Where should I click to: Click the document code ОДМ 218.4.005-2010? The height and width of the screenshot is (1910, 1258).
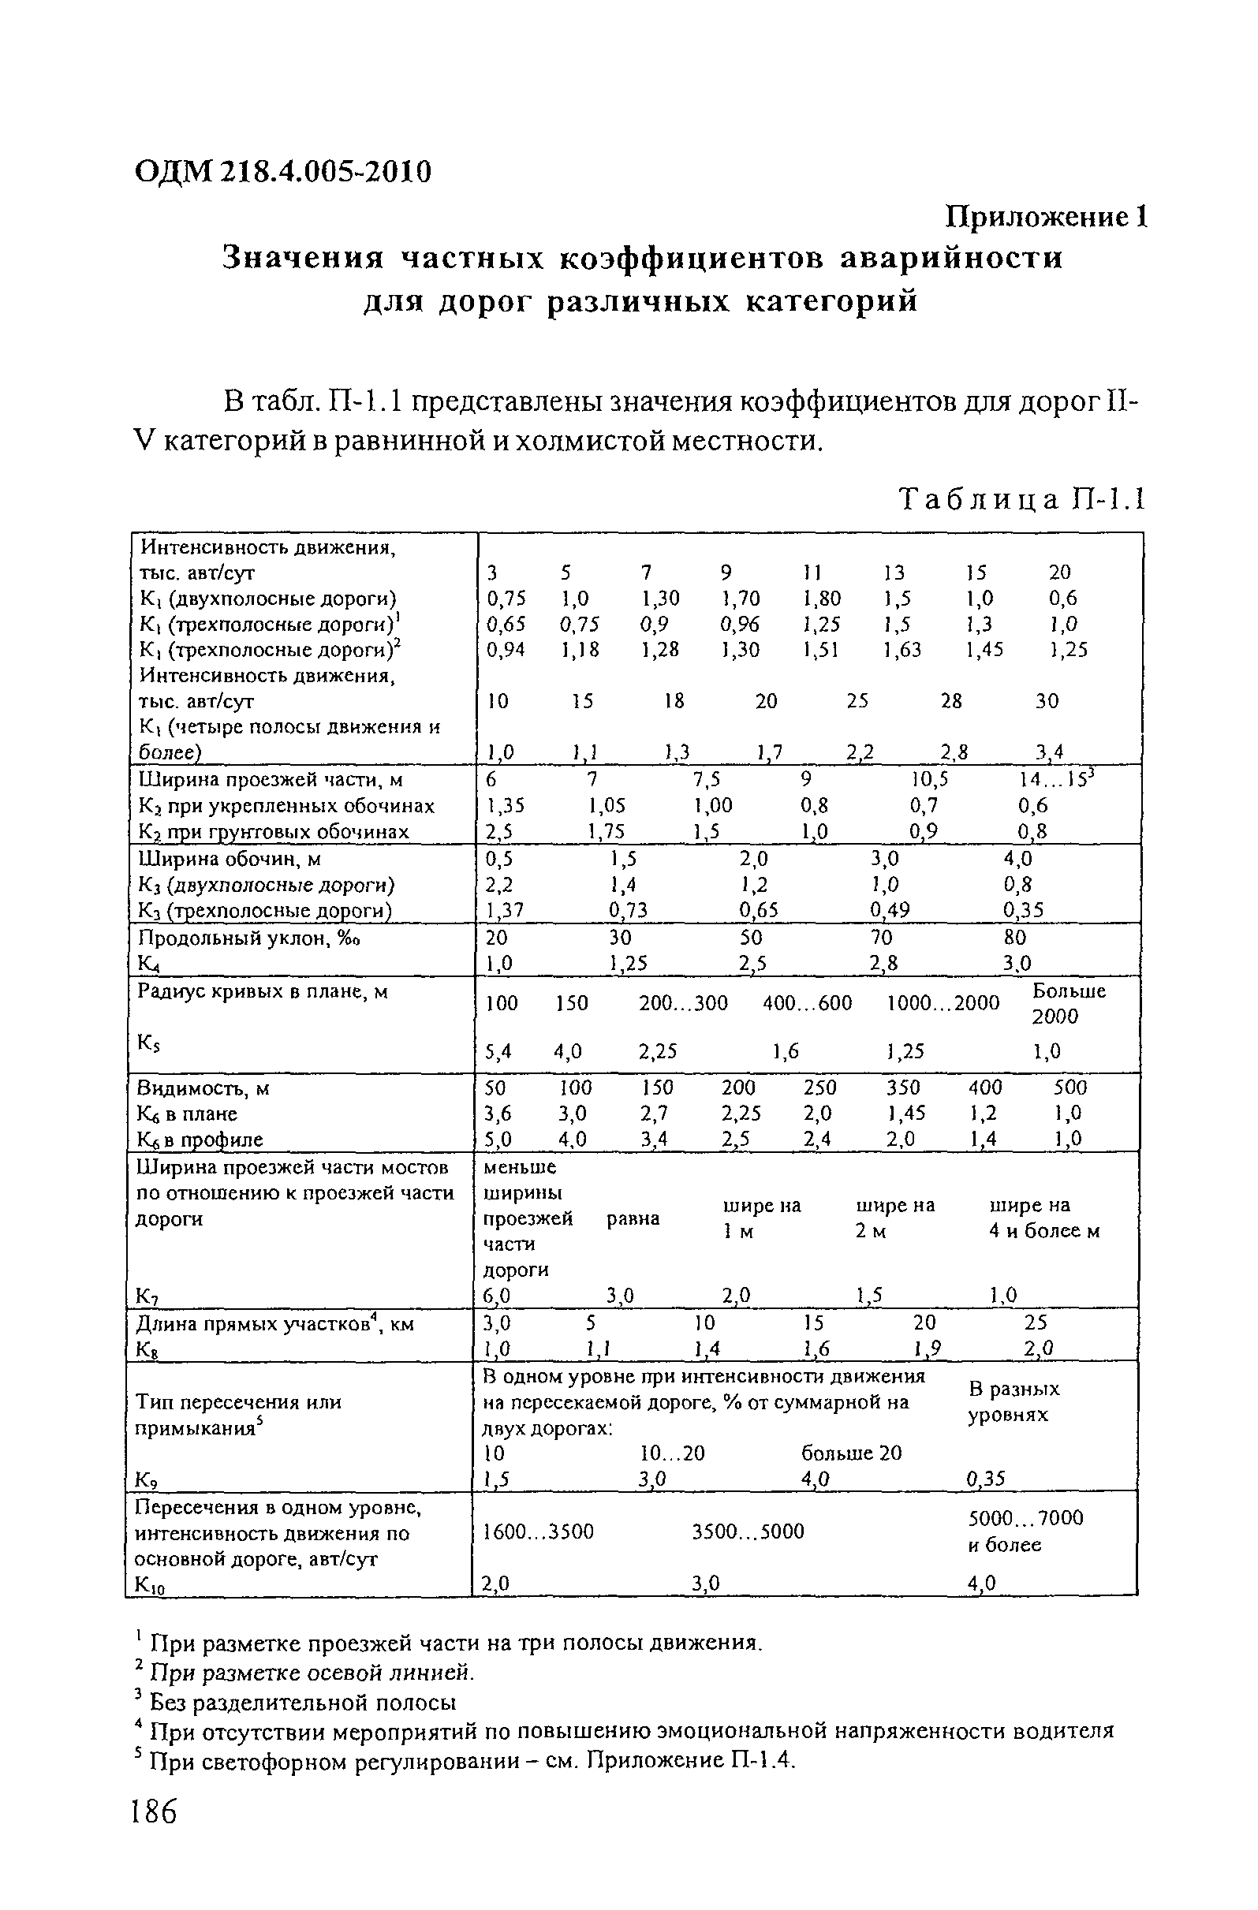click(x=283, y=171)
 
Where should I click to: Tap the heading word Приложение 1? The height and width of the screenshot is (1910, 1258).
click(x=1047, y=217)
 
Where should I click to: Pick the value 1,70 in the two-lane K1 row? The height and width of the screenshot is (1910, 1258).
click(x=739, y=598)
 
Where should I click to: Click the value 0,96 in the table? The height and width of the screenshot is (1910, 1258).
click(x=739, y=624)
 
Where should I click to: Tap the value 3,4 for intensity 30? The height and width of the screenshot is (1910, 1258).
click(x=1048, y=752)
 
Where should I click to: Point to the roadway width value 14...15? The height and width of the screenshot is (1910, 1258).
click(x=1058, y=779)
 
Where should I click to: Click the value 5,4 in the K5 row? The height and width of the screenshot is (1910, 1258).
click(x=499, y=1050)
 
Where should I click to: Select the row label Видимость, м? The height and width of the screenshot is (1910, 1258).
click(x=205, y=1087)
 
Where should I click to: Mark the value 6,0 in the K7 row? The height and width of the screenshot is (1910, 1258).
click(x=495, y=1294)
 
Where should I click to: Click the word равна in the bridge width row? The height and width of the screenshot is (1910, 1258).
click(x=633, y=1218)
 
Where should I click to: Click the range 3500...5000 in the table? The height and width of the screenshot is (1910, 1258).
click(x=748, y=1531)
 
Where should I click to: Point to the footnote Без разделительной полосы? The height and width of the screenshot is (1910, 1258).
click(x=303, y=1701)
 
